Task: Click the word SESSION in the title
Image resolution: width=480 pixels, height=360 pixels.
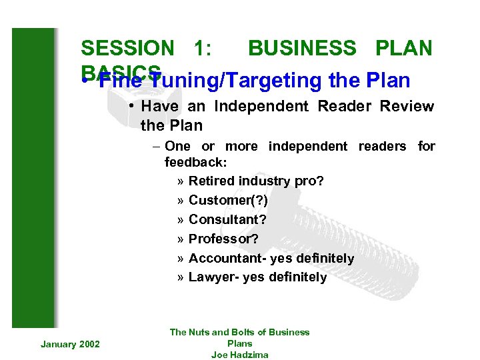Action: (126, 48)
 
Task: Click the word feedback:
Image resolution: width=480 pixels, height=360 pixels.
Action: (195, 162)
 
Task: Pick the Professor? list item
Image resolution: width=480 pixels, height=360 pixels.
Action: (223, 239)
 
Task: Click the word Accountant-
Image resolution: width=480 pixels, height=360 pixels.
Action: (227, 258)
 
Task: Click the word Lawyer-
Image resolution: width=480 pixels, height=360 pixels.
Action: (214, 277)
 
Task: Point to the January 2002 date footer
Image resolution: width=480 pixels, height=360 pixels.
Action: (70, 343)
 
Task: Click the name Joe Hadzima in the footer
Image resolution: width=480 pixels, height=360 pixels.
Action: (239, 355)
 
